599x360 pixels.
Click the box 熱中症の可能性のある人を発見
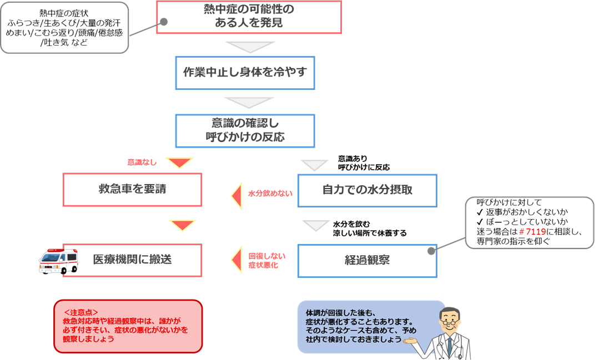(249, 17)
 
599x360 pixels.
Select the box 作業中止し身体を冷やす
(245, 73)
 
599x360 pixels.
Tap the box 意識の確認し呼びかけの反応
(245, 130)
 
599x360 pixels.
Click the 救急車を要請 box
(132, 190)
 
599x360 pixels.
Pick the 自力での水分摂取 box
(367, 190)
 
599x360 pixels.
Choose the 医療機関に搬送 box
(132, 260)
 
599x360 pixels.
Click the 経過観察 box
(367, 261)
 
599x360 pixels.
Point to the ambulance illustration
(58, 261)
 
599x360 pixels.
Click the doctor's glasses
(449, 323)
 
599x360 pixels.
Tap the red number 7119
(536, 231)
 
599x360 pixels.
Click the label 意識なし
(142, 162)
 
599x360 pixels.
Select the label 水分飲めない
(270, 194)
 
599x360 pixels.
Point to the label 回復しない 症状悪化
(267, 260)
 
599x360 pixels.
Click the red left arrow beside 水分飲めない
(237, 196)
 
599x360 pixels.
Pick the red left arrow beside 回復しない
(237, 260)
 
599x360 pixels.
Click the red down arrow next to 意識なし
(179, 163)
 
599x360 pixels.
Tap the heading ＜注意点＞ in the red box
(81, 312)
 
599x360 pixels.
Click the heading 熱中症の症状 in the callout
(64, 14)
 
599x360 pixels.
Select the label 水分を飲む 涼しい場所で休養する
(369, 229)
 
